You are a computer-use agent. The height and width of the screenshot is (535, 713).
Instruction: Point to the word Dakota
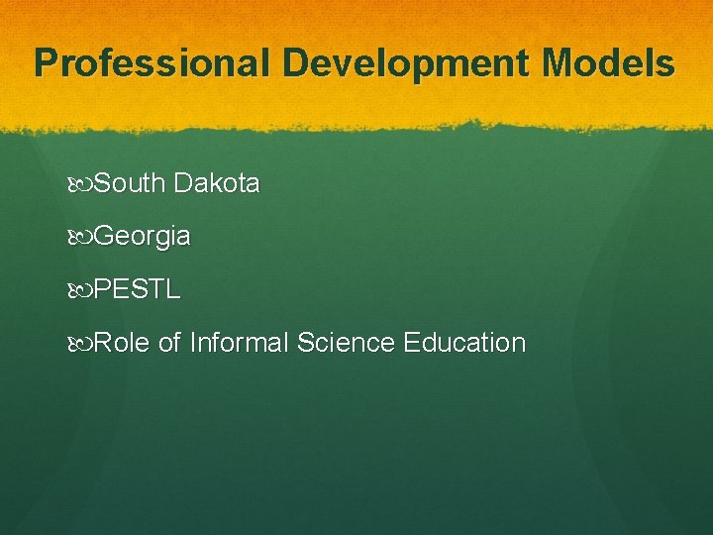(x=216, y=183)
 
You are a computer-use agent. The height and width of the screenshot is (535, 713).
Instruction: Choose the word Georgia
(x=144, y=237)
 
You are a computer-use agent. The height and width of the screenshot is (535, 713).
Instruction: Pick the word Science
(x=346, y=343)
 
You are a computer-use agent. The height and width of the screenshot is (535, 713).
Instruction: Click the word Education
(x=464, y=343)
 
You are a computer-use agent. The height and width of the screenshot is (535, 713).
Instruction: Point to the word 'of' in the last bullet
(x=169, y=343)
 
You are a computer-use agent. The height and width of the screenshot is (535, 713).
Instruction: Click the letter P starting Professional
(x=46, y=63)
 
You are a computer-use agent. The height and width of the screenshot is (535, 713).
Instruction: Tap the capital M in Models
(x=560, y=63)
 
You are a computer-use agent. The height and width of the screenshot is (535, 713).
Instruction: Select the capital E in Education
(x=411, y=343)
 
